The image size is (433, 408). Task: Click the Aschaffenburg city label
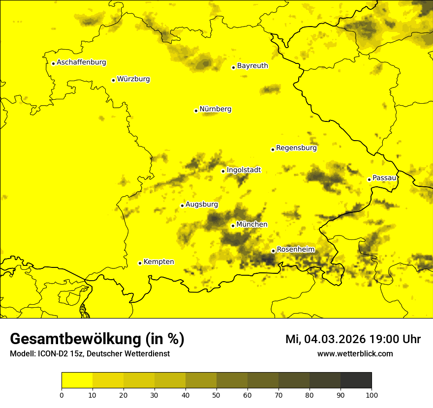coord(81,62)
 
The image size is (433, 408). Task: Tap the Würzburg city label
coord(133,79)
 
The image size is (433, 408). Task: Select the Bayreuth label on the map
coord(252,66)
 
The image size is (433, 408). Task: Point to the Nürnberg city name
coord(216,109)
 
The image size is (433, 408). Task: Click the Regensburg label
coord(296,148)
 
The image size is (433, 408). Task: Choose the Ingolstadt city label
coord(244,170)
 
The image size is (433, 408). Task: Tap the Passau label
coord(384,178)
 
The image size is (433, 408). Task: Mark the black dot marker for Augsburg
coord(182,205)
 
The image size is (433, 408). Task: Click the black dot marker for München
coord(233,226)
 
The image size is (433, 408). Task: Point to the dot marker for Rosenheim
coord(273,251)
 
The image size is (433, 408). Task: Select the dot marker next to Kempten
coord(140,263)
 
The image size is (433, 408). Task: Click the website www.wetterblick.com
coord(355,353)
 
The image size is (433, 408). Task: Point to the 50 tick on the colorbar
coord(216,394)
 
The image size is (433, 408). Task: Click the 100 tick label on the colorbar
coord(371,394)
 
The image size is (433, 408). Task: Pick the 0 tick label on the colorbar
coord(62,394)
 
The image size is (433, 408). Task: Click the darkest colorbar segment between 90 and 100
coord(356,380)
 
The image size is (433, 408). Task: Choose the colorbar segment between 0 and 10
coord(77,380)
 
